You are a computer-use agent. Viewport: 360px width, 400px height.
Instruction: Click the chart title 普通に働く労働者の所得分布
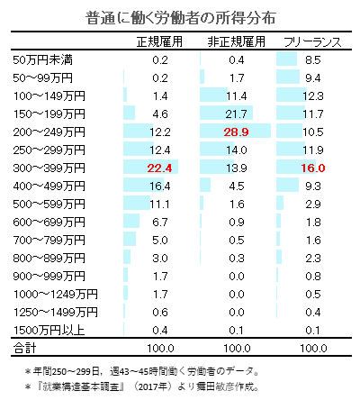(x=179, y=17)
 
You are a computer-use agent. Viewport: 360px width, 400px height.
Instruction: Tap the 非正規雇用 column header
(x=237, y=42)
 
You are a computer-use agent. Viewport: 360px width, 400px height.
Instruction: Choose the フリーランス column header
(x=311, y=42)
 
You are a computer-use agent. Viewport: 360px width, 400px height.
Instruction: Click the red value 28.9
(x=237, y=132)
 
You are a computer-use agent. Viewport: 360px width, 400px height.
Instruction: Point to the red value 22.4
(x=161, y=168)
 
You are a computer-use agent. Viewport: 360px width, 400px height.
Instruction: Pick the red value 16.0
(x=312, y=168)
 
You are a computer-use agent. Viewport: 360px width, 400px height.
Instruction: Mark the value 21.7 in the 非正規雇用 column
(x=237, y=114)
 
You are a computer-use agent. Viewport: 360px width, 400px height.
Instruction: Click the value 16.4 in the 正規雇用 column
(x=161, y=186)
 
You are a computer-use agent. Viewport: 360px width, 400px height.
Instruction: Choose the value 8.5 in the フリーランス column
(x=312, y=59)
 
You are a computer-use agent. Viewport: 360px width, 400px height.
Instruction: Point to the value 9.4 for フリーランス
(x=312, y=77)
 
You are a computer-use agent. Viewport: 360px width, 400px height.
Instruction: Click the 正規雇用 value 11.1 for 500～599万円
(x=161, y=204)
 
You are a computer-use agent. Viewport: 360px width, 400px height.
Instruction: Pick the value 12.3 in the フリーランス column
(x=312, y=95)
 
